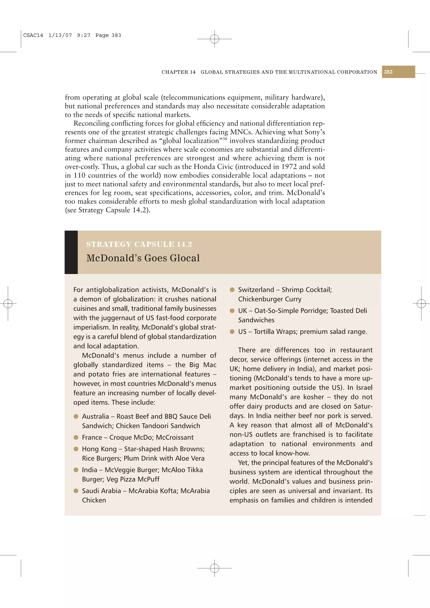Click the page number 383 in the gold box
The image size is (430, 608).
point(388,72)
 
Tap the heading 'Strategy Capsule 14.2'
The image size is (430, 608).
point(139,244)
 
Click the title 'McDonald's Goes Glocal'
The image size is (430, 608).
point(143,258)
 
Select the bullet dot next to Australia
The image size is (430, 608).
point(76,416)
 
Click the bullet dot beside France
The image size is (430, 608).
point(76,437)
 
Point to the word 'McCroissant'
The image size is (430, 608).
point(175,437)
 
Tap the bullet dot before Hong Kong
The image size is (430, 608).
point(76,449)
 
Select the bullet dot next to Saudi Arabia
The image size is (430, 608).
point(76,491)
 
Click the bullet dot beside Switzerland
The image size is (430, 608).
point(232,290)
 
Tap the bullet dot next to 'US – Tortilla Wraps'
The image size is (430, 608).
point(232,331)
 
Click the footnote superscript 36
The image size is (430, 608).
point(225,138)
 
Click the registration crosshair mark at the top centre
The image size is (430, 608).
point(215,39)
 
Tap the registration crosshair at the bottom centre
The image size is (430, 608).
point(215,568)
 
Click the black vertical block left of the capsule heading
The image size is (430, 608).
point(71,252)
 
